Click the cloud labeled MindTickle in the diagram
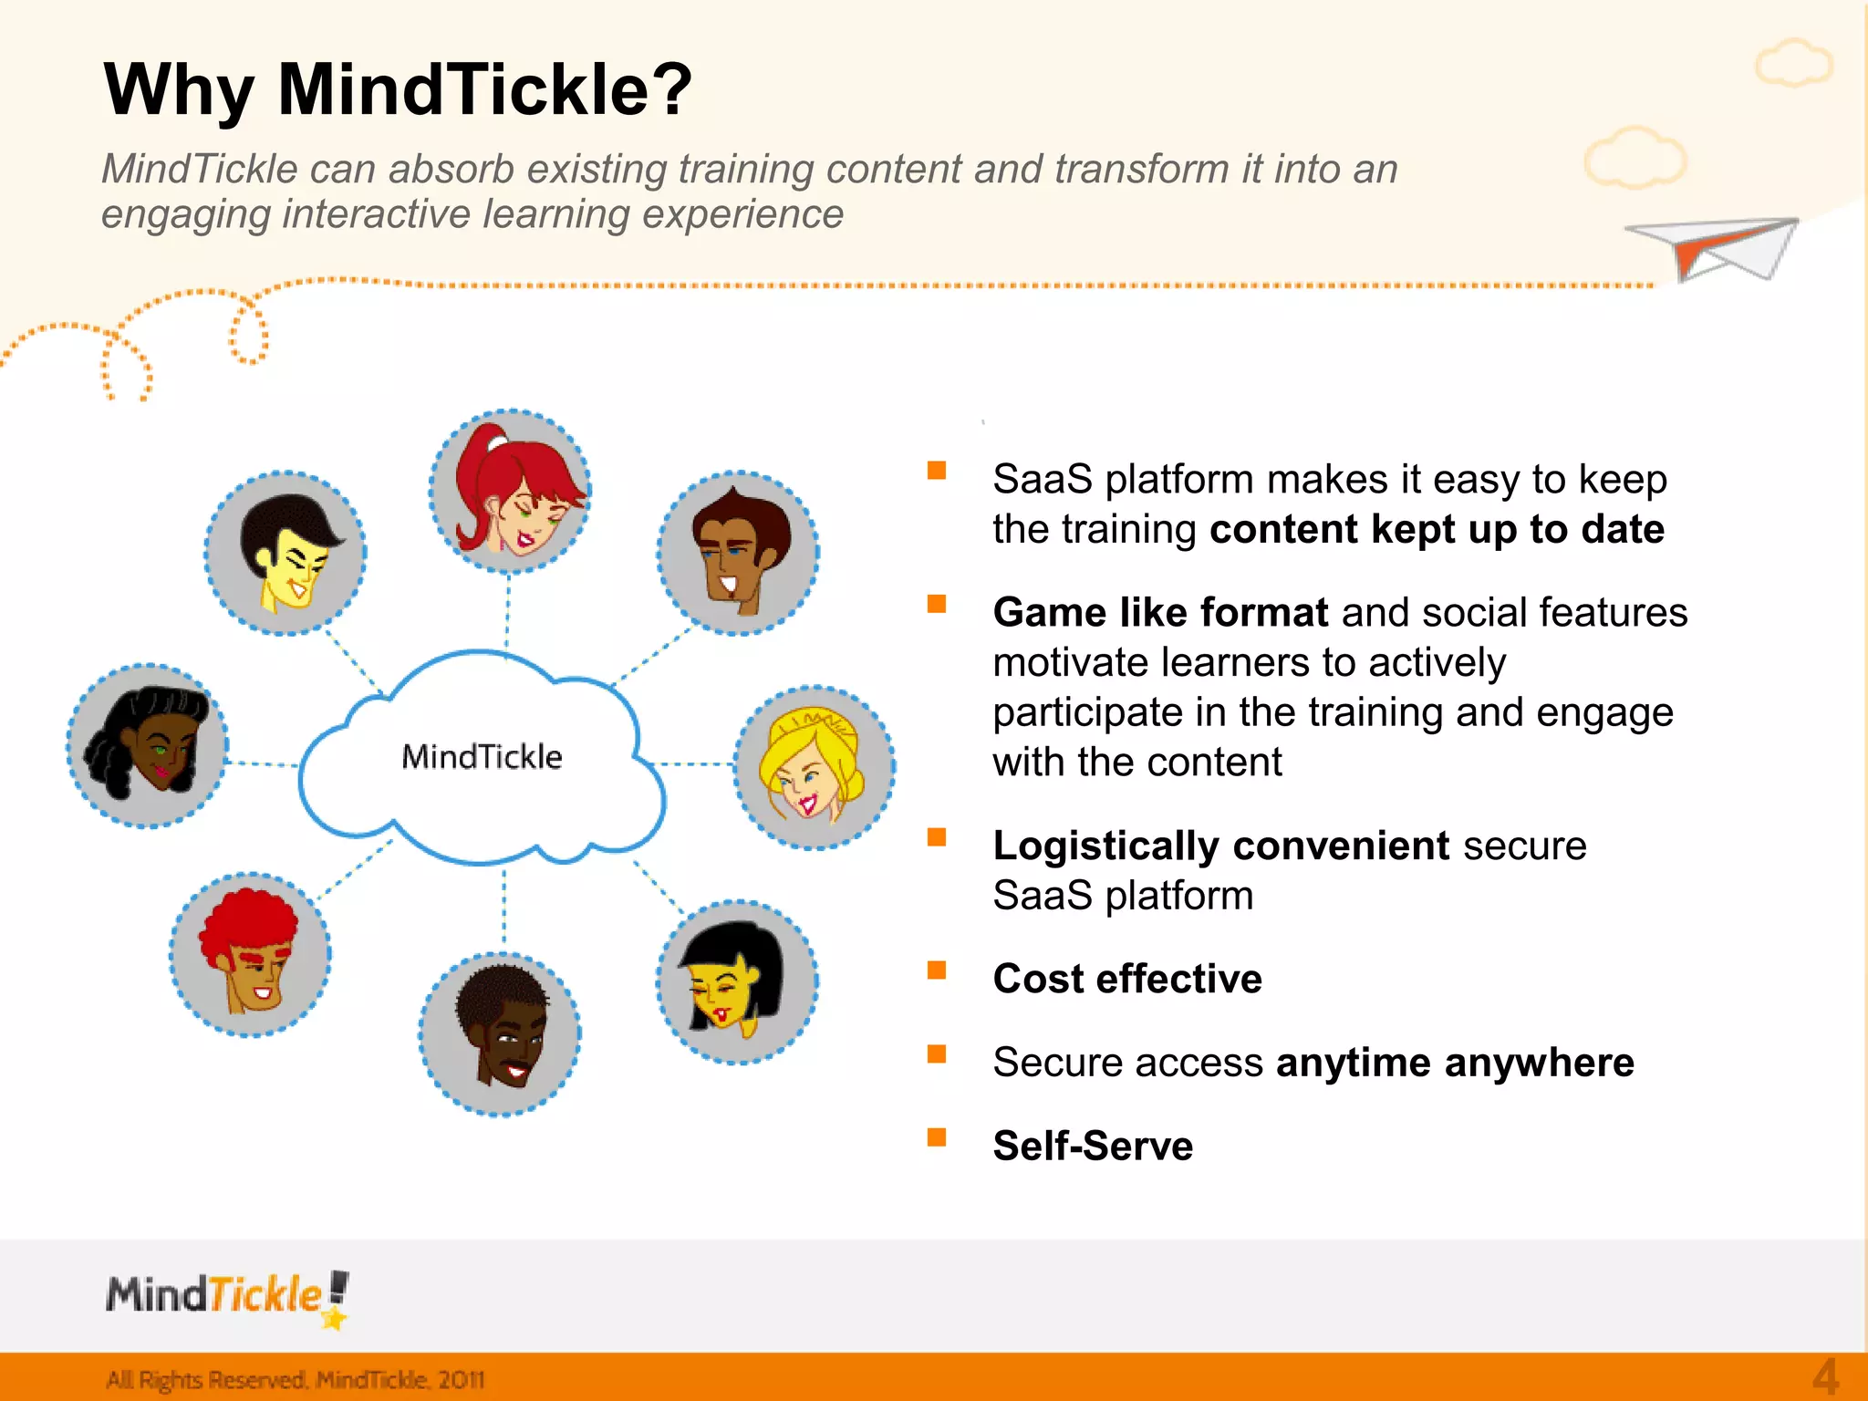tap(482, 757)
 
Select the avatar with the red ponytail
tap(511, 491)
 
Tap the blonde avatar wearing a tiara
tap(815, 767)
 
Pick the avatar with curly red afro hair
tap(250, 954)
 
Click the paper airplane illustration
tap(1713, 246)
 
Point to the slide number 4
tap(1825, 1376)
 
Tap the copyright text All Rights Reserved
tap(295, 1379)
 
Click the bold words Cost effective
tap(1127, 979)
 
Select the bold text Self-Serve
tap(1093, 1146)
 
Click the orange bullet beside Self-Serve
tap(937, 1136)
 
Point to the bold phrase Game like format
tap(1160, 612)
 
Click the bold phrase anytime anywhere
tap(1455, 1063)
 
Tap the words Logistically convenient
tap(1220, 846)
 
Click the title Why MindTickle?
tap(399, 89)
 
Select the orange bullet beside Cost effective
tap(937, 970)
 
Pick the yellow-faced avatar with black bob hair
tap(737, 982)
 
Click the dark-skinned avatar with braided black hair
tap(148, 745)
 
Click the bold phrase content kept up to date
tap(1437, 530)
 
